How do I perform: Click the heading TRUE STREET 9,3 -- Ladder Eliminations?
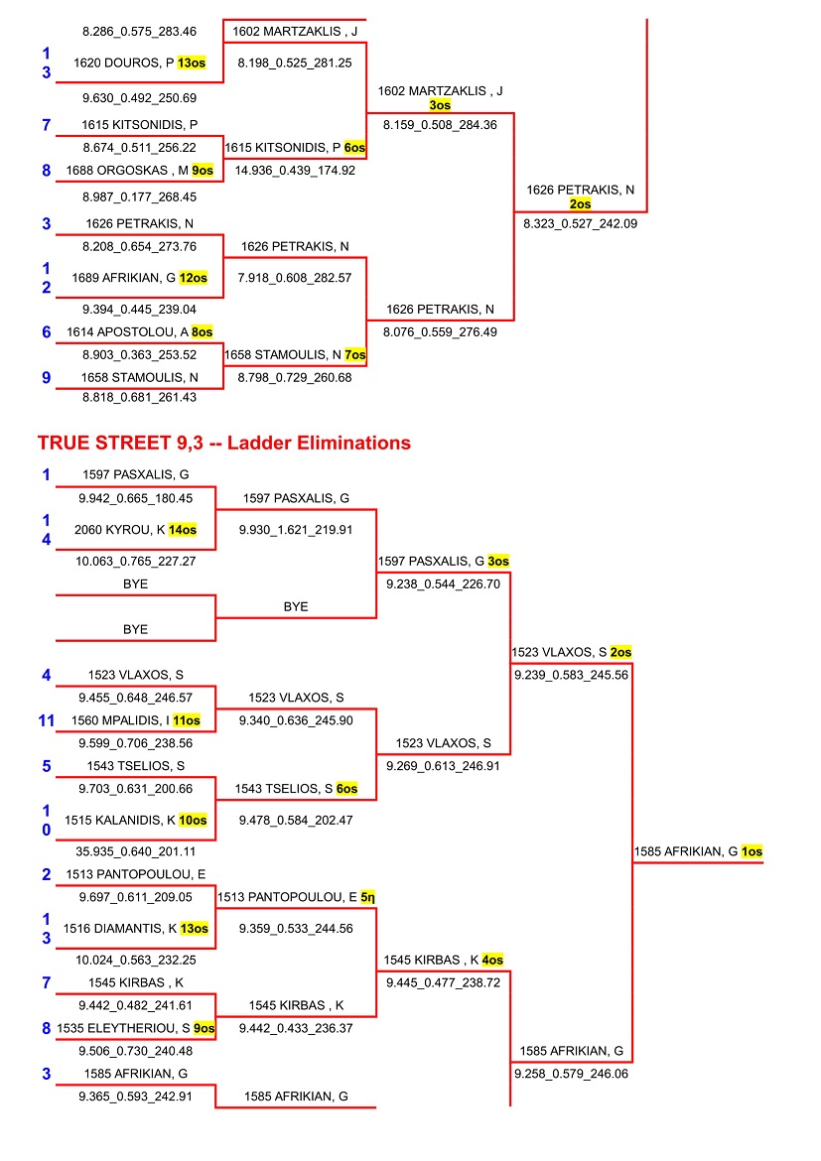[x=223, y=443]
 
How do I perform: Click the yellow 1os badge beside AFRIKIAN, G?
[x=752, y=851]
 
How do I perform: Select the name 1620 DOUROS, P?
[x=124, y=63]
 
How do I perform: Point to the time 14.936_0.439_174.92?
[x=295, y=170]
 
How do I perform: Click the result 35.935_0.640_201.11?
[x=135, y=850]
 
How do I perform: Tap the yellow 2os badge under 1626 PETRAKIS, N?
[x=581, y=203]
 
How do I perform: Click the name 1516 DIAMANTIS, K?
[x=126, y=928]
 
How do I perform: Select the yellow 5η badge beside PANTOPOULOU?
[x=368, y=897]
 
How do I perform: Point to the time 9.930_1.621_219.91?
[x=295, y=530]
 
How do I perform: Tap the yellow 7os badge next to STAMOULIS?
[x=355, y=354]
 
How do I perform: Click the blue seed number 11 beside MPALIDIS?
[x=46, y=720]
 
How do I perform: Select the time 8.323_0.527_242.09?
[x=580, y=224]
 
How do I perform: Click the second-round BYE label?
[x=296, y=606]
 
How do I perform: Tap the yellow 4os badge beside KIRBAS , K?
[x=493, y=960]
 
